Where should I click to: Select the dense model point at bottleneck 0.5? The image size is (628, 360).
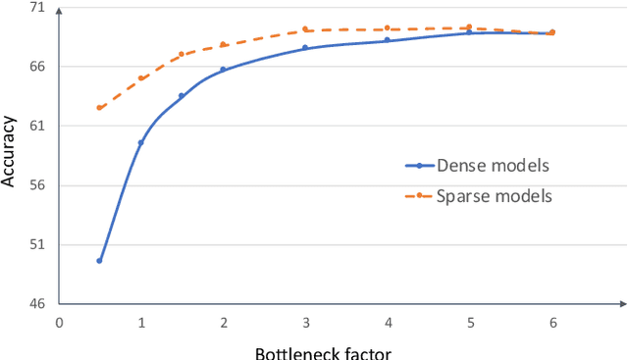tap(99, 261)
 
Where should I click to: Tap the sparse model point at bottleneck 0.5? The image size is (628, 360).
tap(99, 108)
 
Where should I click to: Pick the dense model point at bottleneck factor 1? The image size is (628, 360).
tap(140, 143)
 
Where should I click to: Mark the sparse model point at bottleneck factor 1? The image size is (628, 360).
tap(140, 78)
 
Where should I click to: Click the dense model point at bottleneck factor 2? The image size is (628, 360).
tap(223, 70)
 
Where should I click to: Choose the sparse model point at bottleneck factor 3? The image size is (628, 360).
tap(305, 29)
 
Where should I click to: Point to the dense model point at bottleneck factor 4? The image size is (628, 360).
tap(387, 40)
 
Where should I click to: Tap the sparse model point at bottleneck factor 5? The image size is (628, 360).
tap(469, 27)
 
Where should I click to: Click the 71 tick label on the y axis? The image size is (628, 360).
tap(36, 8)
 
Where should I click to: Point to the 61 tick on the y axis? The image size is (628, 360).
tap(36, 126)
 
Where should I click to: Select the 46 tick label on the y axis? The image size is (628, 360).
tap(36, 304)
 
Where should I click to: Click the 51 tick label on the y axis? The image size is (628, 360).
tap(36, 244)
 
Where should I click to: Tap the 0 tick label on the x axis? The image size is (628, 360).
tap(59, 323)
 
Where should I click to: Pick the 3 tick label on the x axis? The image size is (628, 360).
tap(305, 323)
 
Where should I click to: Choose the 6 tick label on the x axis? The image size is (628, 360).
tap(551, 323)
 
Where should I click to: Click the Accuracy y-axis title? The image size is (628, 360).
tap(9, 152)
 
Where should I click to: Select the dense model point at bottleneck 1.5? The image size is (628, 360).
tap(182, 96)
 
